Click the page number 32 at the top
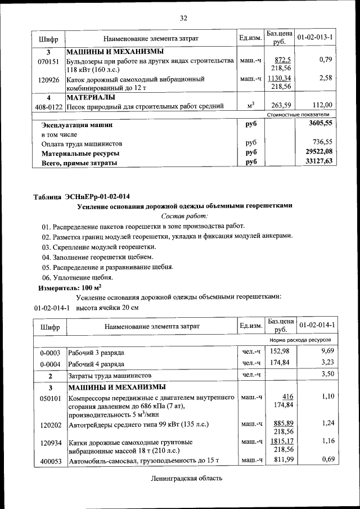tap(183, 18)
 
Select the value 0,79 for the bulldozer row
tap(325, 60)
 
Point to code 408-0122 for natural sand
tap(49, 106)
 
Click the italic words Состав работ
tap(184, 216)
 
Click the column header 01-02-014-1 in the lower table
tap(316, 326)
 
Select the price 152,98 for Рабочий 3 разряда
tap(280, 352)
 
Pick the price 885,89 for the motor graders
tap(281, 423)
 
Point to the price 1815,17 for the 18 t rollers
tap(280, 442)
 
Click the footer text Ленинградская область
tap(187, 479)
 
